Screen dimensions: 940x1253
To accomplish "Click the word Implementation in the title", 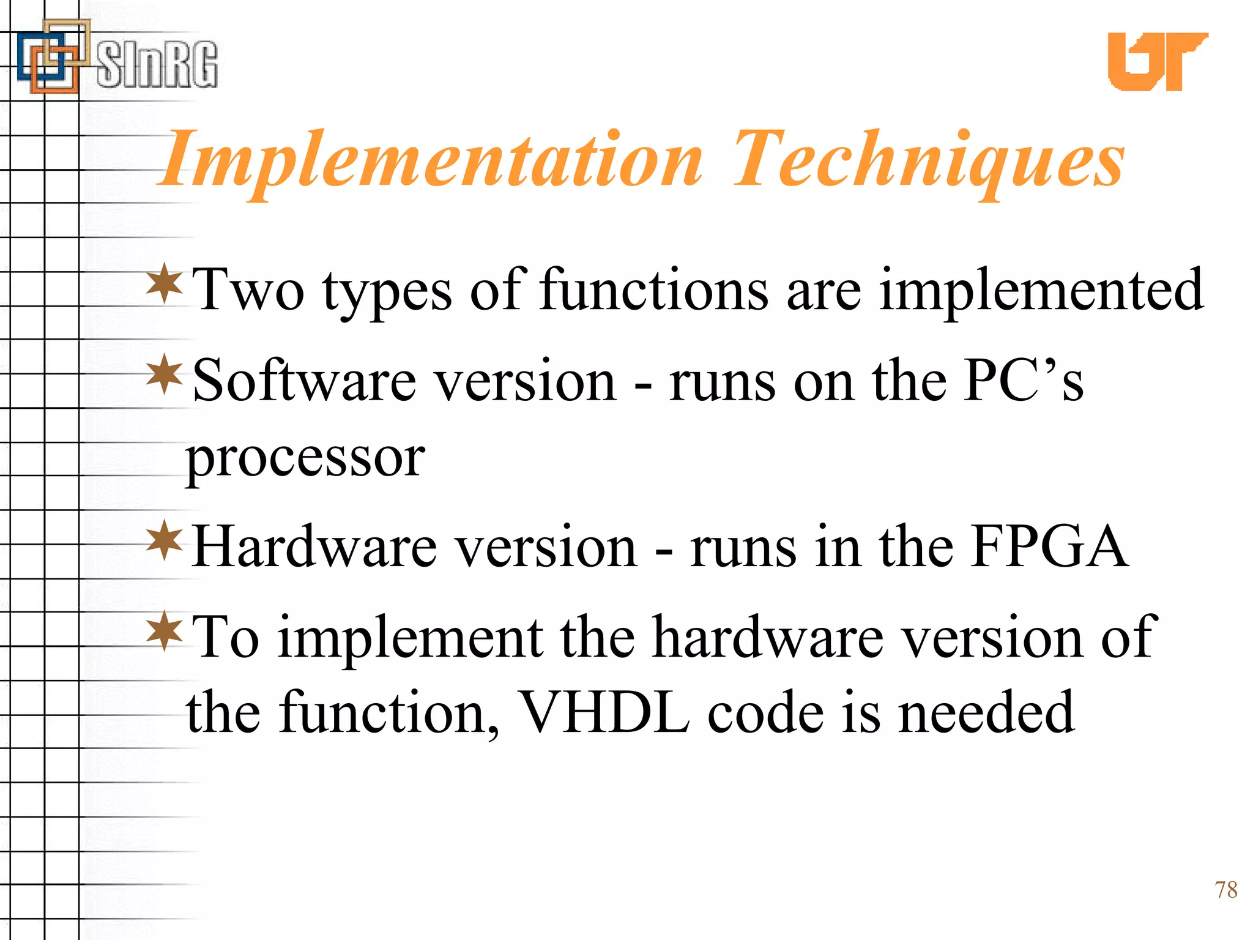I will click(431, 160).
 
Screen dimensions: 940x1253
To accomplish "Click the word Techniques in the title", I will click(928, 160).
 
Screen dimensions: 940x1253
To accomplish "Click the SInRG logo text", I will click(157, 64).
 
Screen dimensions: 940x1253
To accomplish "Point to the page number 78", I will click(1225, 890).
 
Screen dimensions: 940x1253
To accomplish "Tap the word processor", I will click(305, 459).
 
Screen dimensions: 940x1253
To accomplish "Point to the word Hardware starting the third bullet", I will click(314, 546).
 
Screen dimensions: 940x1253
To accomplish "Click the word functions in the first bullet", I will click(653, 289).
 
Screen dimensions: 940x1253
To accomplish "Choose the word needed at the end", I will click(986, 713).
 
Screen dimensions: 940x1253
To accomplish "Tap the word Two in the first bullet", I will click(248, 289).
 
